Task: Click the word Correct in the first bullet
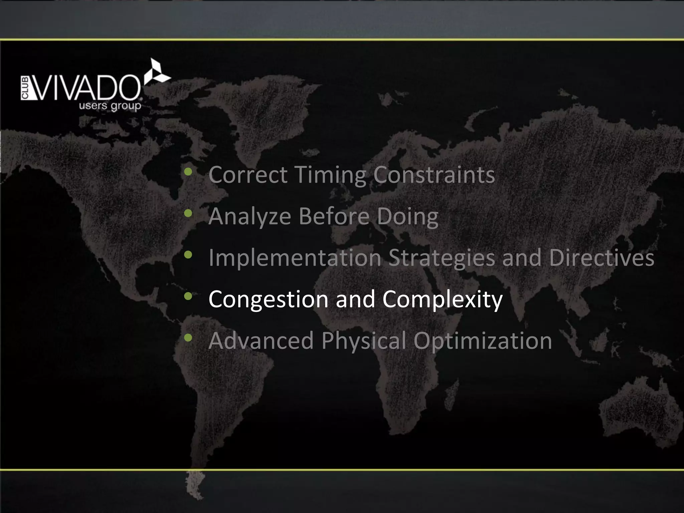[x=247, y=175]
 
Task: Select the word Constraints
[x=434, y=175]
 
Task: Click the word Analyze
[x=250, y=216]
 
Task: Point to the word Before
[x=334, y=216]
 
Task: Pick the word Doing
[x=407, y=216]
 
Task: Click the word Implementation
[x=295, y=258]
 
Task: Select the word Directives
[x=602, y=258]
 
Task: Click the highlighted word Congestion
[x=268, y=299]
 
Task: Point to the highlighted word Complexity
[x=442, y=299]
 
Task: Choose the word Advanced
[x=261, y=340]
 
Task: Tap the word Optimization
[x=483, y=340]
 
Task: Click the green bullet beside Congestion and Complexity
[x=188, y=296]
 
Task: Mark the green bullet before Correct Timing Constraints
[x=188, y=172]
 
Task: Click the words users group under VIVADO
[x=110, y=107]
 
